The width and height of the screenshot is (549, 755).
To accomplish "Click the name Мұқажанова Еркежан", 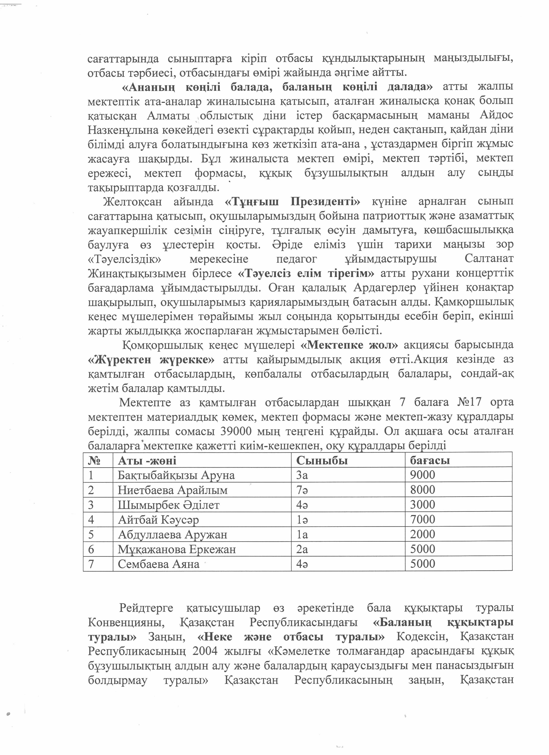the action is click(x=177, y=549).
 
